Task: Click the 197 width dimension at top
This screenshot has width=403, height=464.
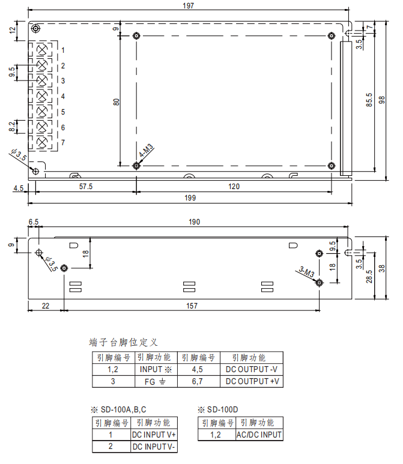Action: [x=190, y=5]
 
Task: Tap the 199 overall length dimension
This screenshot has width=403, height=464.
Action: [x=190, y=197]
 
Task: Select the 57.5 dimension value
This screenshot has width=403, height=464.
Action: [x=86, y=187]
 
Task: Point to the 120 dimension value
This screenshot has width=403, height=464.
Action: [x=234, y=187]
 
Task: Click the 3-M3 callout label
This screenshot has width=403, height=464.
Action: [x=306, y=273]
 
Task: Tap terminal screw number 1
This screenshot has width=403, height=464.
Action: [x=43, y=49]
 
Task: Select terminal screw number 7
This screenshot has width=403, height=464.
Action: [x=43, y=142]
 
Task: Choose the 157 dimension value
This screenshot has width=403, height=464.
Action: [x=192, y=306]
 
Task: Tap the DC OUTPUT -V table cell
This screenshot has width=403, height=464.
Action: [x=252, y=369]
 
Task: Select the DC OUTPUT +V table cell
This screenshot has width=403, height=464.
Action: [x=252, y=381]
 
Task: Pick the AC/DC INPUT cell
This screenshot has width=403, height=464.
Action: [x=259, y=435]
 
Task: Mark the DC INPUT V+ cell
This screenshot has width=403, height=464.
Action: [x=154, y=435]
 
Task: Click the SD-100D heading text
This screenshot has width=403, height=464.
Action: [x=221, y=410]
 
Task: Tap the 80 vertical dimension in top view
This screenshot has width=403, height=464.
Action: [x=116, y=101]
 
